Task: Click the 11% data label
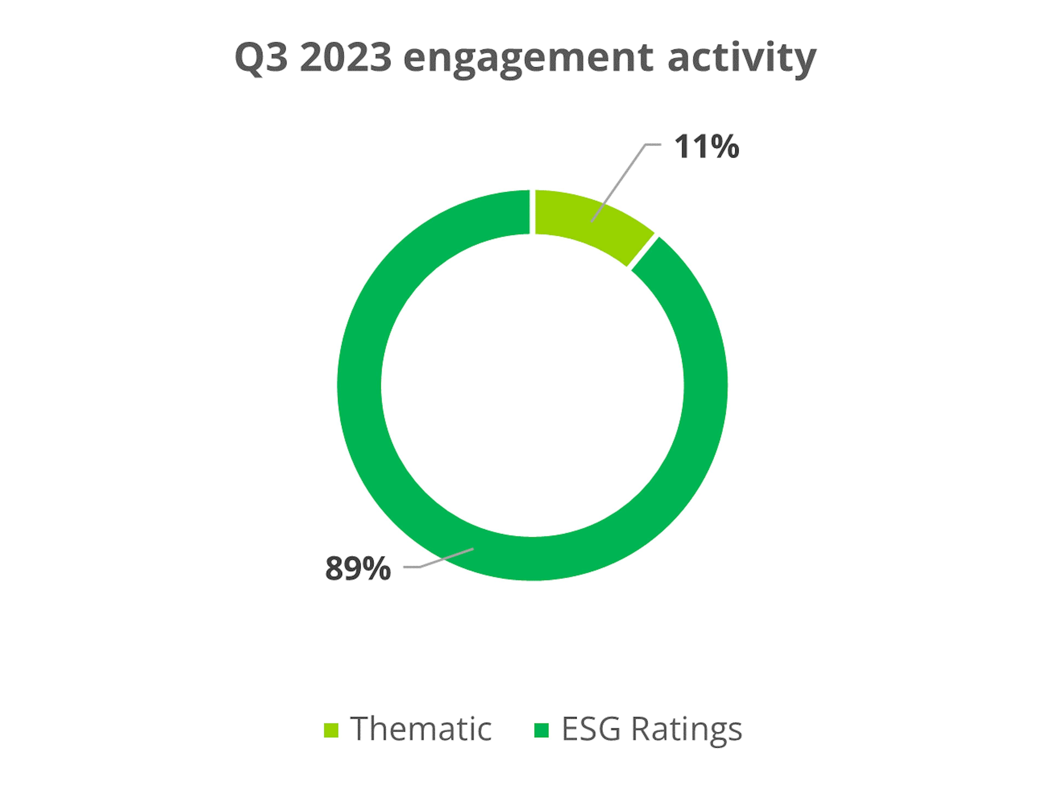706,146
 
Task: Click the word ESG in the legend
591,729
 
